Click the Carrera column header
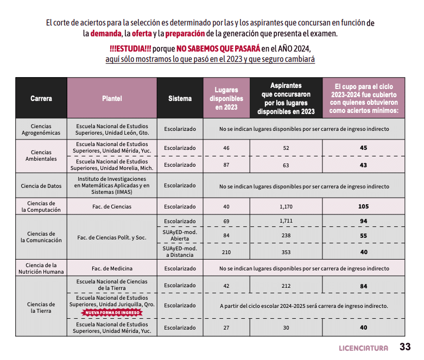pyautogui.click(x=41, y=98)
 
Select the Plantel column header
pyautogui.click(x=112, y=98)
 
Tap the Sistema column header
pyautogui.click(x=180, y=98)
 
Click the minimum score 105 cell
pyautogui.click(x=363, y=206)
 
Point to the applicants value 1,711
pyautogui.click(x=286, y=221)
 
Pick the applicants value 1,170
pyautogui.click(x=286, y=206)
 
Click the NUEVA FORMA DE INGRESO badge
pyautogui.click(x=112, y=313)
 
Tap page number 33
pyautogui.click(x=405, y=347)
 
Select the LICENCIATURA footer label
pyautogui.click(x=363, y=348)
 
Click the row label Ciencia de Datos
pyautogui.click(x=41, y=186)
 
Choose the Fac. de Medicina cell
pyautogui.click(x=112, y=268)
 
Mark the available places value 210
pyautogui.click(x=226, y=252)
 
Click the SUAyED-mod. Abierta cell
pyautogui.click(x=180, y=236)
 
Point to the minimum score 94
pyautogui.click(x=363, y=221)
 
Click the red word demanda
pyautogui.click(x=106, y=34)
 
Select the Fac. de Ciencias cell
pyautogui.click(x=112, y=206)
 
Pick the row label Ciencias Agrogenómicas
pyautogui.click(x=41, y=129)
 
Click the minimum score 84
pyautogui.click(x=363, y=286)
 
